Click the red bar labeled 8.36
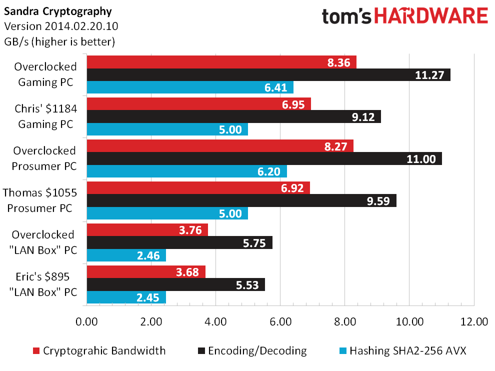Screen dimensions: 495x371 coord(221,62)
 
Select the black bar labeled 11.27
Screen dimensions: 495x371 coord(268,75)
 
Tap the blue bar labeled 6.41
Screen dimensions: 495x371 coord(190,87)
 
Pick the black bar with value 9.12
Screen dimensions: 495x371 coord(234,116)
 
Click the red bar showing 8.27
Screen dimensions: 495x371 coord(220,146)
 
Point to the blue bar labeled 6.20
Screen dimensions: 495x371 coord(187,171)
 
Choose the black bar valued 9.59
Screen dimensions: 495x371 coord(241,200)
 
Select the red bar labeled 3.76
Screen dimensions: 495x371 coord(147,230)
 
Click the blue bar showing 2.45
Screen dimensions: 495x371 coord(126,297)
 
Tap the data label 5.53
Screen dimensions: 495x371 coord(247,285)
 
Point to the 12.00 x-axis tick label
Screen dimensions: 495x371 coord(474,321)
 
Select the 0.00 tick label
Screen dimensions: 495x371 coord(87,321)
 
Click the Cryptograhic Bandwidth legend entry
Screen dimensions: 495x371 coord(99,351)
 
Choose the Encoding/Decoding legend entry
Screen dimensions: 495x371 coord(252,351)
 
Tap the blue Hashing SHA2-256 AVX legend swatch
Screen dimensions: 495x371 coord(343,351)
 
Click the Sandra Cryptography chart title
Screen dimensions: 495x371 coord(58,11)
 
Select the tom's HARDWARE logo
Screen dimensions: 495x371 coord(405,16)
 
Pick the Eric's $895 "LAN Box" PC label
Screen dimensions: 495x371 coord(43,284)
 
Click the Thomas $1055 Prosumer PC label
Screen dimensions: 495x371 coord(40,200)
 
